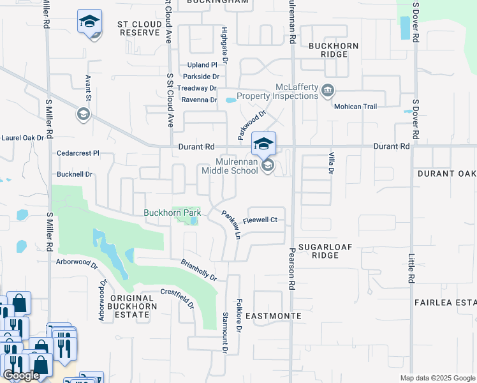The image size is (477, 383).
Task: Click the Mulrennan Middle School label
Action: click(230, 166)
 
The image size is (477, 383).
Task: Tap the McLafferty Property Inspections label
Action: click(278, 91)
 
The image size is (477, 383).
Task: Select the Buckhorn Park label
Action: click(172, 213)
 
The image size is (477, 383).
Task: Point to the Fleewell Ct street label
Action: click(260, 220)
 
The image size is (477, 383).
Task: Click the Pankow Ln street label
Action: click(230, 225)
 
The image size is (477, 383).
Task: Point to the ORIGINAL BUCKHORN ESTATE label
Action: click(131, 303)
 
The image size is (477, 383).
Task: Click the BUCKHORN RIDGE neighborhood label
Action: click(334, 50)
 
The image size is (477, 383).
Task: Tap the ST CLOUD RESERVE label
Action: click(138, 27)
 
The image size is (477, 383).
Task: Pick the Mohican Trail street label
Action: click(356, 107)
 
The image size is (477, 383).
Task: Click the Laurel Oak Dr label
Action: click(22, 137)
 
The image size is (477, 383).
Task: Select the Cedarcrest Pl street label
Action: click(78, 153)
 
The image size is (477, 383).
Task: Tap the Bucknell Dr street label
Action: click(75, 174)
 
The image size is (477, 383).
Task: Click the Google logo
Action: click(21, 375)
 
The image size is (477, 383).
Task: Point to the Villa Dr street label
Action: click(331, 163)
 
